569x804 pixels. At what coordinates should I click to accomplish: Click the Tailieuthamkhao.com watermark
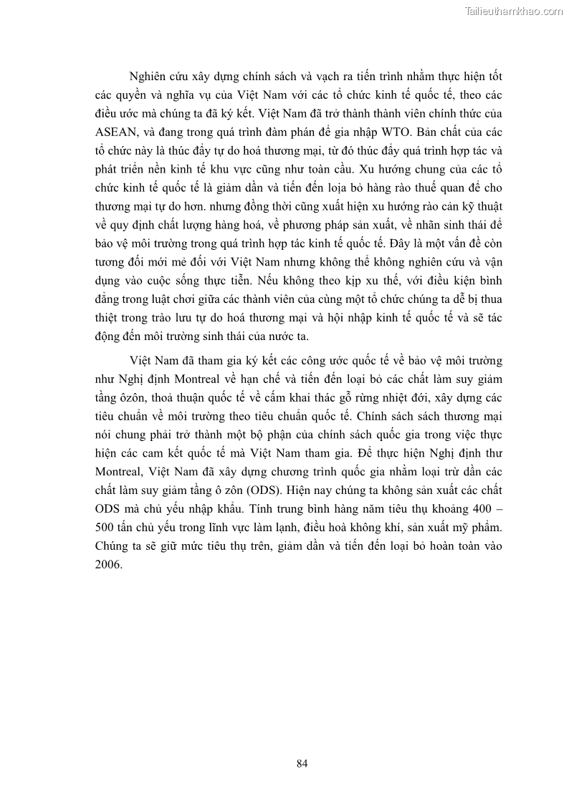click(514, 11)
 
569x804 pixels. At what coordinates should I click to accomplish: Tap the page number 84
click(302, 763)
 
